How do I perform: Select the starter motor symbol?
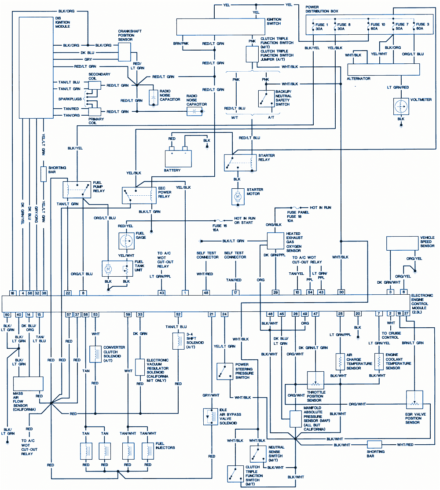tap(238, 197)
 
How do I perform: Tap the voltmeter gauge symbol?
tap(401, 106)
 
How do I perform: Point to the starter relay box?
tap(240, 162)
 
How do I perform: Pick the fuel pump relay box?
tap(76, 190)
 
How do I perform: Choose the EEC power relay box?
tap(139, 195)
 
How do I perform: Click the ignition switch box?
tap(220, 27)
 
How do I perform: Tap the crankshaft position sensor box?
tap(125, 52)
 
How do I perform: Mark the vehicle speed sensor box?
tap(403, 243)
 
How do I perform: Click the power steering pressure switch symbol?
tap(225, 371)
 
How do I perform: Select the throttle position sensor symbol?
tap(315, 380)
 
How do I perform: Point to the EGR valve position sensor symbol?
tap(414, 400)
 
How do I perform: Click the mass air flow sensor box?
tap(28, 384)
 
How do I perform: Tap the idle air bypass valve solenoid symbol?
tap(210, 417)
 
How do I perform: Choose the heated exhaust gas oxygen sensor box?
tap(275, 241)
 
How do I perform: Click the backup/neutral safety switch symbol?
tap(266, 99)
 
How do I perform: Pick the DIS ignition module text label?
tap(62, 22)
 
